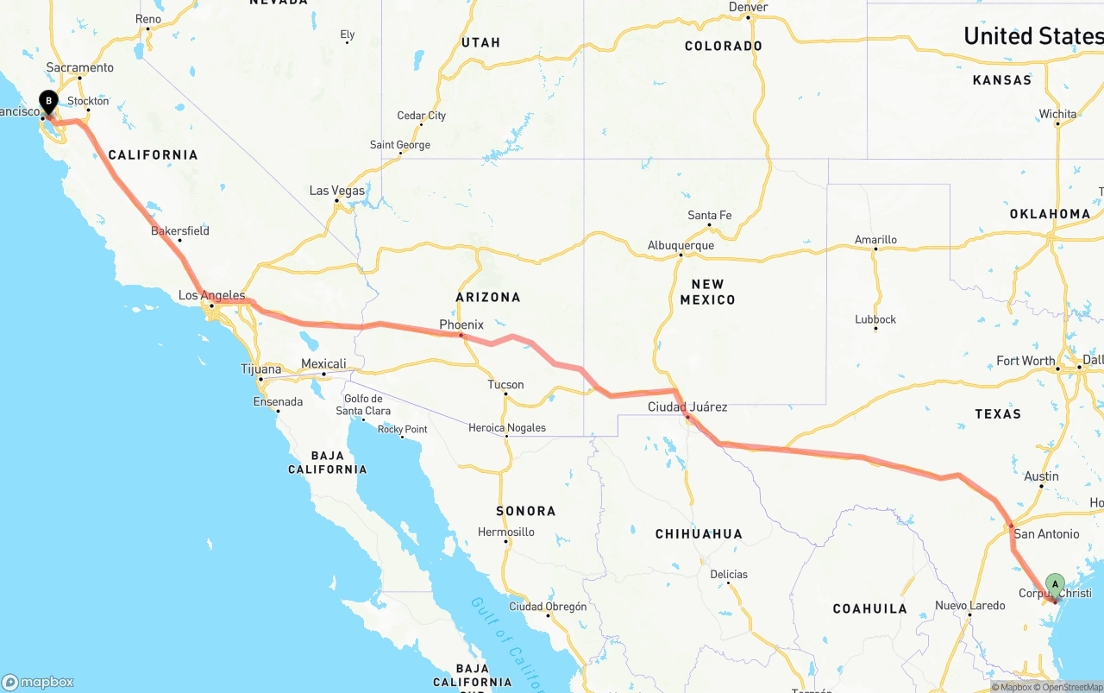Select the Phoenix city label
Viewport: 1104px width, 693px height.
[461, 324]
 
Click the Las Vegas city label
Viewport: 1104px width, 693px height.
[336, 191]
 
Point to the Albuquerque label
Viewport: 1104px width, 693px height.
[681, 246]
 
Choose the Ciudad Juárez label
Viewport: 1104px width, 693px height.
[687, 406]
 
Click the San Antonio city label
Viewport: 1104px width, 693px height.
[1046, 534]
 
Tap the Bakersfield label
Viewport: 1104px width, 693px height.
[179, 231]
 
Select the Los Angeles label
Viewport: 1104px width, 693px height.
[211, 295]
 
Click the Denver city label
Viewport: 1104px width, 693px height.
[748, 7]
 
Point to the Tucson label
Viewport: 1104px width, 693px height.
[505, 385]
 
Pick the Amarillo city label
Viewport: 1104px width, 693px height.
[875, 240]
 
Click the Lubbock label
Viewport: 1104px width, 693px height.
[875, 319]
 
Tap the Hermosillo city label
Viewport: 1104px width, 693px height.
[506, 532]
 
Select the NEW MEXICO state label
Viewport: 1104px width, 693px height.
[707, 292]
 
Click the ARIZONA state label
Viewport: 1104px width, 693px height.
[488, 297]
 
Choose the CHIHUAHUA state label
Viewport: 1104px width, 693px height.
[699, 534]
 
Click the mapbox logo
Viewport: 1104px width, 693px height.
[38, 682]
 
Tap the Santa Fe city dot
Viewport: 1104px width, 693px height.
[709, 226]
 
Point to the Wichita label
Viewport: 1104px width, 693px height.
[1057, 114]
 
